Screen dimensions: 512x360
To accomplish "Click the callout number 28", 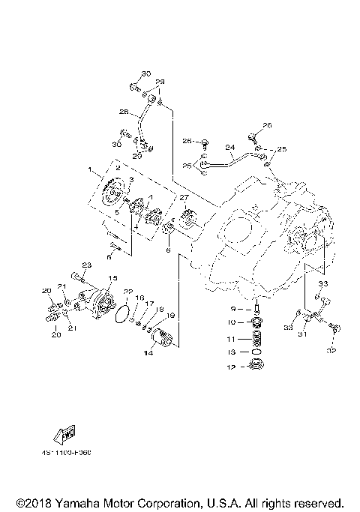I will pyautogui.click(x=124, y=112).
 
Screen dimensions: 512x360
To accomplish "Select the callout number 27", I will pyautogui.click(x=182, y=198).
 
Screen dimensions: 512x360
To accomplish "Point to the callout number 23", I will pyautogui.click(x=86, y=265).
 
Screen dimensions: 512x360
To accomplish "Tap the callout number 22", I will pyautogui.click(x=128, y=292).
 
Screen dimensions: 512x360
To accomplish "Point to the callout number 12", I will pyautogui.click(x=233, y=367).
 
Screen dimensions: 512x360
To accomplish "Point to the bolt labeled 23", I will pyautogui.click(x=77, y=275).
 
